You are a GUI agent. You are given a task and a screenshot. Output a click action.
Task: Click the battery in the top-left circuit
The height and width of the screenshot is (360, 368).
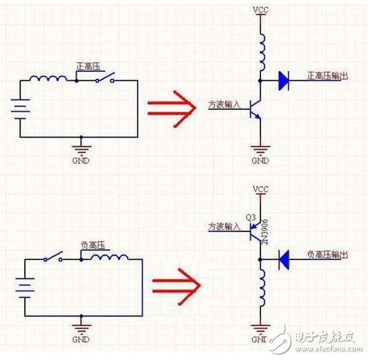tap(20, 108)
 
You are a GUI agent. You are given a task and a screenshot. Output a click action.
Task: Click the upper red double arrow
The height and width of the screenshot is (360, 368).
tap(171, 108)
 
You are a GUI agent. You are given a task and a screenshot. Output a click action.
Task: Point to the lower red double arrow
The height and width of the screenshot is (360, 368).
tap(176, 284)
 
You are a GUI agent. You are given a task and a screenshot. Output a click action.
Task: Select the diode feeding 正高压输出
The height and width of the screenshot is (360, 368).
tap(282, 80)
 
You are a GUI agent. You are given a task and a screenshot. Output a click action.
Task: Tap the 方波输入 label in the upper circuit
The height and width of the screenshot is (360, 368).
tap(223, 106)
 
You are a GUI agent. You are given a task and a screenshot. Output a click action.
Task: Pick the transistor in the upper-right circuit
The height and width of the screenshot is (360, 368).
tap(256, 107)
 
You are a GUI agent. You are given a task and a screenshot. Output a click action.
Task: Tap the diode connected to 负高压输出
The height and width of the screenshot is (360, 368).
tap(283, 260)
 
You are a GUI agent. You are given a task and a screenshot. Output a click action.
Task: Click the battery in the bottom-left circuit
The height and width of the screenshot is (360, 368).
tap(25, 286)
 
